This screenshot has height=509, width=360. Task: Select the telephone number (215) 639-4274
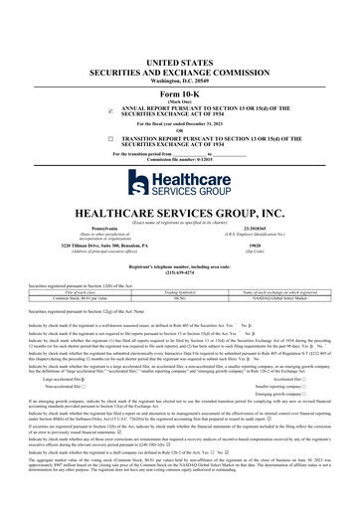[180, 273]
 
